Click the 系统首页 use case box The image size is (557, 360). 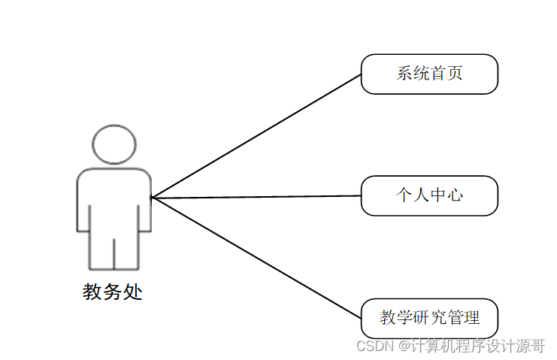pos(429,74)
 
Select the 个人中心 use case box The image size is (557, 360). pos(429,195)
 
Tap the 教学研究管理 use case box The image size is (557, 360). pos(429,318)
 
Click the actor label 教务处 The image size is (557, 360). pos(113,292)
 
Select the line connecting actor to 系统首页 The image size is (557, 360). pos(256,136)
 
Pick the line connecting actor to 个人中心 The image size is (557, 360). pos(256,197)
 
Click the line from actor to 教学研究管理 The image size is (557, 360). pos(256,256)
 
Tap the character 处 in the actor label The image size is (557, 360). pos(133,292)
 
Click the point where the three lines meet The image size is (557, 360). pos(152,198)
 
